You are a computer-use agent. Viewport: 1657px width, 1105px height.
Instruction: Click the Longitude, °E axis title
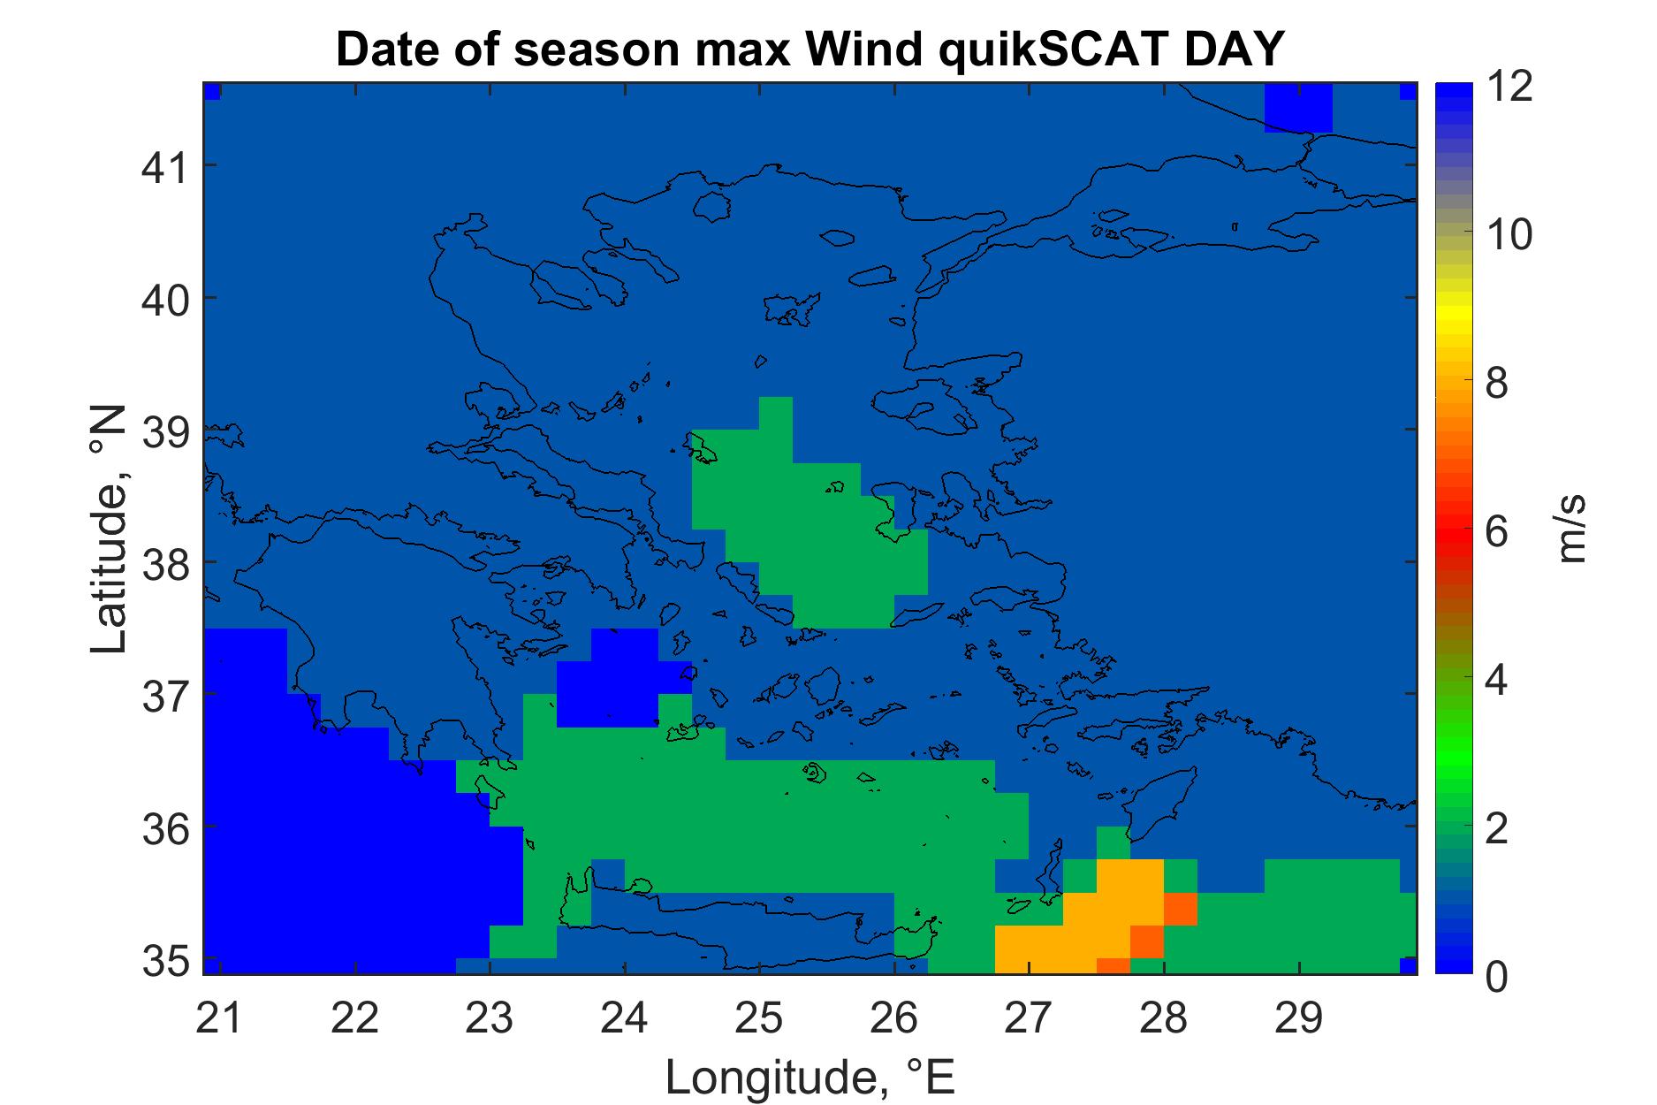coord(810,1077)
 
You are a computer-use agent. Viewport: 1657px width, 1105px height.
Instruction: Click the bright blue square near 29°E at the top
coord(1298,108)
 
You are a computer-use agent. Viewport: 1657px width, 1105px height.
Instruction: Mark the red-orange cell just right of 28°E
coord(1181,909)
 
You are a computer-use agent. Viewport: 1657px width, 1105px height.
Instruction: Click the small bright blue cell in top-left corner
coord(212,91)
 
